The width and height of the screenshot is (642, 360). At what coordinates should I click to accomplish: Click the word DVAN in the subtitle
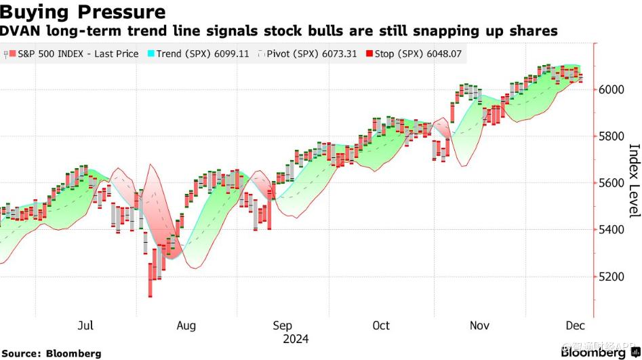(18, 31)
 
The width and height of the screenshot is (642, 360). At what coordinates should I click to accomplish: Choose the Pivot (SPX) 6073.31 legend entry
(312, 54)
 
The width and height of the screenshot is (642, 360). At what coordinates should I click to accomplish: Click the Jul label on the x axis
(85, 325)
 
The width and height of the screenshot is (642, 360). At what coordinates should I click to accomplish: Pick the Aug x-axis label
(186, 325)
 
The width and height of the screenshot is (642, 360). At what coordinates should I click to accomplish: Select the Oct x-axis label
(381, 325)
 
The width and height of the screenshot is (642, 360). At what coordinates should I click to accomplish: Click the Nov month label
(480, 325)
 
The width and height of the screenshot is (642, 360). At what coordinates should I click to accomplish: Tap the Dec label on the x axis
(575, 325)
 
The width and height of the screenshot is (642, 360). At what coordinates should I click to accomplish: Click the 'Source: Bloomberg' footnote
(52, 353)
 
